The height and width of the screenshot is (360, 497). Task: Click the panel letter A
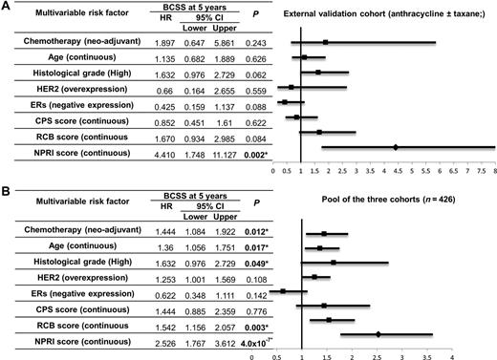click(x=7, y=7)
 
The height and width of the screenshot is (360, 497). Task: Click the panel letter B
click(x=7, y=187)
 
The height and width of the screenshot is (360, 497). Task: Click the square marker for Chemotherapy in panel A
click(x=326, y=42)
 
